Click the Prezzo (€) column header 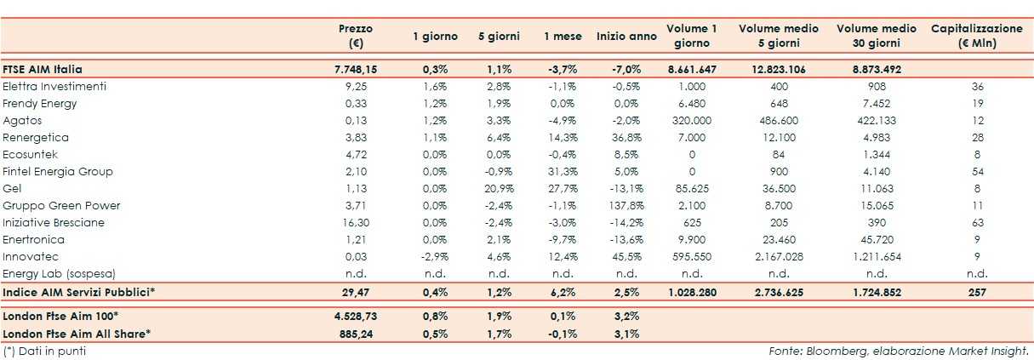point(356,36)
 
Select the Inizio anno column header point(626,37)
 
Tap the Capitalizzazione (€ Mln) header point(977,36)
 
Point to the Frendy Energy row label point(40,104)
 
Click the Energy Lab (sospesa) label point(59,274)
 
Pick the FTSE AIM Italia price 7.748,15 point(355,70)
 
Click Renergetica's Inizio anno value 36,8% point(626,138)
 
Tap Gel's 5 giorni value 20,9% point(499,189)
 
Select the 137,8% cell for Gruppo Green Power point(626,206)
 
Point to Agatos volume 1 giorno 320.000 point(691,121)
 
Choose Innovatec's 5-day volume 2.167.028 point(779,257)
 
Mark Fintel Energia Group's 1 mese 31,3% point(563,172)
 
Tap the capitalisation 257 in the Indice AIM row point(977,293)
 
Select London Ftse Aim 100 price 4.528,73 point(355,316)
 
